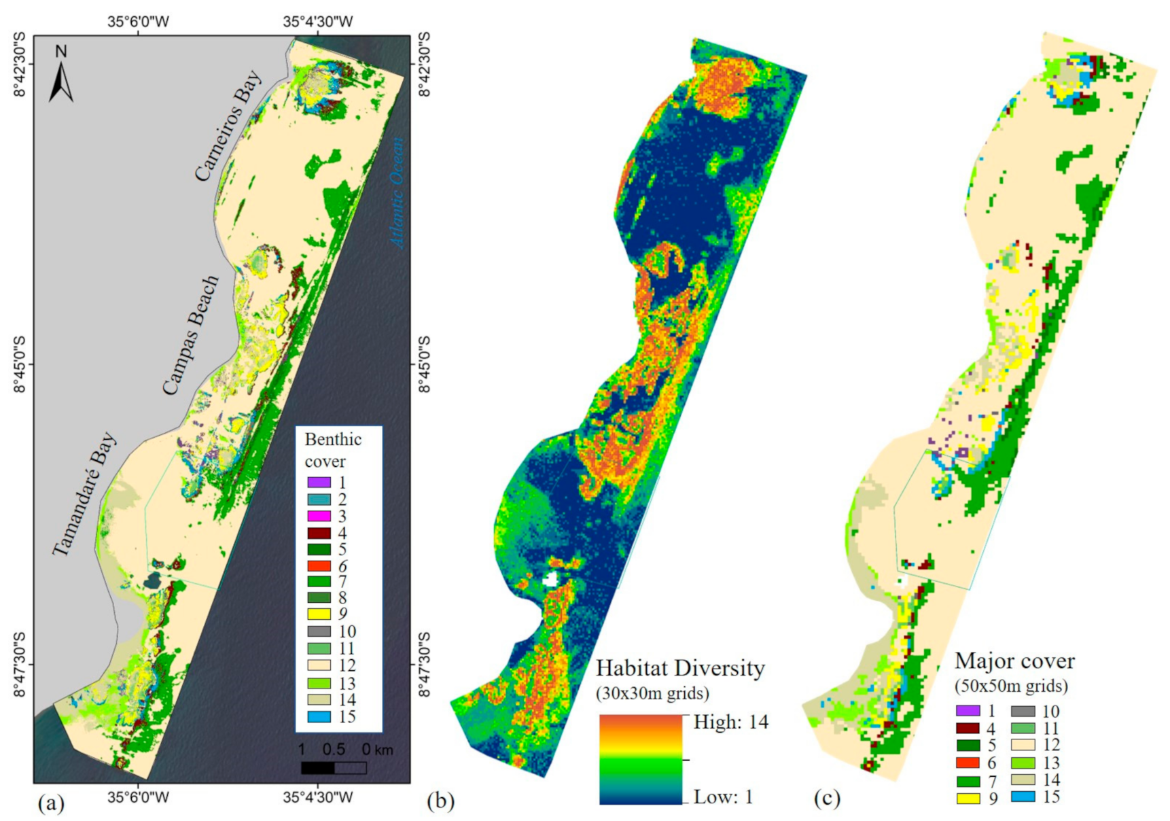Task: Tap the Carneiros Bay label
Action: [228, 126]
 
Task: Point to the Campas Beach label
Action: [192, 335]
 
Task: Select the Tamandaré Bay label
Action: [85, 494]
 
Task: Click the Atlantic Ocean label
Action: [397, 192]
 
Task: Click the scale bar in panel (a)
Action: [334, 767]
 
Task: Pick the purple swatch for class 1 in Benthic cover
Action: [319, 483]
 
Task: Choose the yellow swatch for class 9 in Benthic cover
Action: [319, 614]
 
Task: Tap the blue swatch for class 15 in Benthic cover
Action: [319, 716]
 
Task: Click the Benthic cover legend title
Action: [333, 450]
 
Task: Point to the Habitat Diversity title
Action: [680, 668]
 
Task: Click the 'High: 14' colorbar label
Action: [730, 722]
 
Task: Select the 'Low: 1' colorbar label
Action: [723, 797]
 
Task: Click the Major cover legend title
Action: [1014, 661]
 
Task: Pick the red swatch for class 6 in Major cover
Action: [968, 763]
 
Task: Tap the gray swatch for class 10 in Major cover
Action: [1023, 712]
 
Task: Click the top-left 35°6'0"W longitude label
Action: [139, 22]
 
